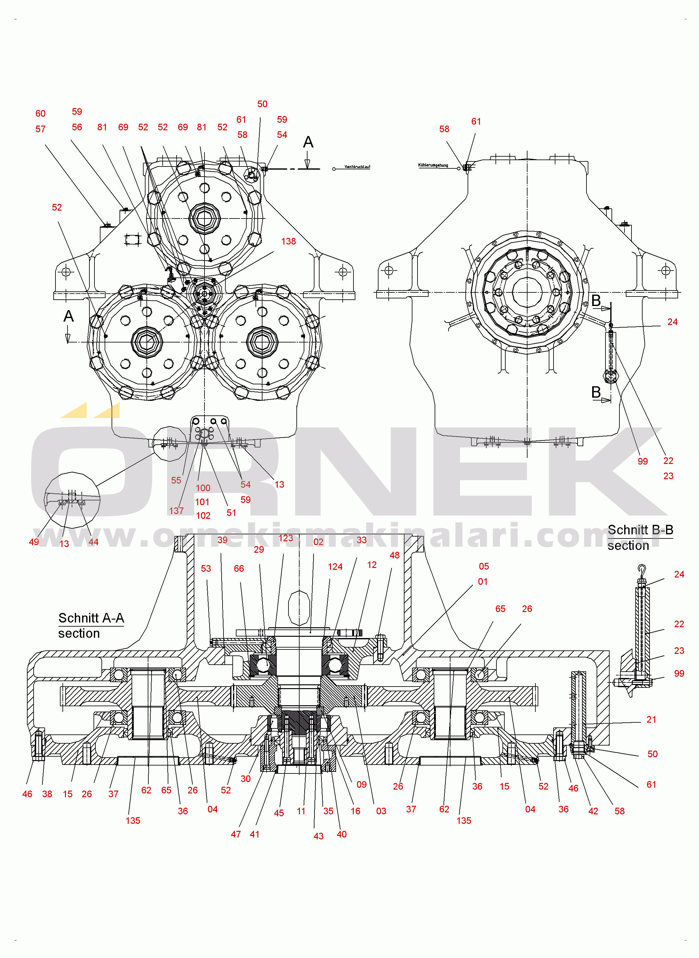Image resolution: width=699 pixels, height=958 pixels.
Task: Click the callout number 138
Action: (x=288, y=242)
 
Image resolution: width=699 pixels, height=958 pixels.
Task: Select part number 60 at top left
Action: (x=41, y=114)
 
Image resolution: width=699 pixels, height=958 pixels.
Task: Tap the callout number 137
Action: (x=177, y=511)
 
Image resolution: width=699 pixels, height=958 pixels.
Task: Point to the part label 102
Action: (x=203, y=515)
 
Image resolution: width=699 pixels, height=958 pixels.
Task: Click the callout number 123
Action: (x=286, y=538)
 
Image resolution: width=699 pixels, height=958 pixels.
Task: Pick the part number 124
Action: (x=335, y=567)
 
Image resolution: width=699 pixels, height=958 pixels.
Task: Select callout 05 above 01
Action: (x=484, y=566)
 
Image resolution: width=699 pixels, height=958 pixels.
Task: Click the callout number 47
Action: (x=236, y=834)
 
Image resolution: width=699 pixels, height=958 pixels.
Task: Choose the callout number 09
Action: (x=362, y=785)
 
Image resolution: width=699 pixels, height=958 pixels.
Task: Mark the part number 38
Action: (x=47, y=794)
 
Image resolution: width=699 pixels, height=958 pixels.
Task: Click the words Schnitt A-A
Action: (x=91, y=618)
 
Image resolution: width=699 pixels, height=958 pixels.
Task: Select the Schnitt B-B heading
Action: (x=640, y=530)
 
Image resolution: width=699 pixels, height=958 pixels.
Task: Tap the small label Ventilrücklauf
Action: (x=357, y=167)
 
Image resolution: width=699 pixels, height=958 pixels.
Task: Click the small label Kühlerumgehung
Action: (x=433, y=165)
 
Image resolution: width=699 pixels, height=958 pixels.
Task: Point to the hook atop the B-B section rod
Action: (x=642, y=569)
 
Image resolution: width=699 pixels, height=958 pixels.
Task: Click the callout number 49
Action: (x=34, y=542)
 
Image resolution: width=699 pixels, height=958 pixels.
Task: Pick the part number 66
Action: (x=239, y=569)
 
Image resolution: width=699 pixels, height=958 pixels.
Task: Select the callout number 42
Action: (x=593, y=811)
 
